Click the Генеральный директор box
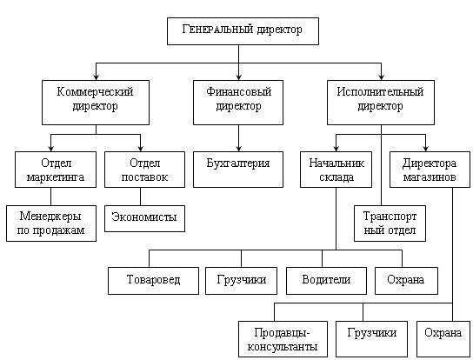[x=243, y=31]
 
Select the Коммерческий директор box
[x=96, y=103]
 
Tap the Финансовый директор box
[x=238, y=103]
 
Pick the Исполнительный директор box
[x=381, y=103]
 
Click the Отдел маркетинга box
[x=56, y=170]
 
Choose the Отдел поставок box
[x=145, y=170]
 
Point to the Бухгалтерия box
[x=238, y=170]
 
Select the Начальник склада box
[x=336, y=170]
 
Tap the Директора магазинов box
[x=430, y=170]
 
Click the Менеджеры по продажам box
[x=51, y=223]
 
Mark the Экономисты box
[x=145, y=218]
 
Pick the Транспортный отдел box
[x=390, y=223]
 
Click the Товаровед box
[x=153, y=281]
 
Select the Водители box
[x=326, y=281]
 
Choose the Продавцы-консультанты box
[x=283, y=339]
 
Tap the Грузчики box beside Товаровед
[x=242, y=281]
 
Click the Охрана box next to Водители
[x=406, y=281]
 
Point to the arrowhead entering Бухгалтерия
[x=238, y=149]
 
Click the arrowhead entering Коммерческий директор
[x=96, y=77]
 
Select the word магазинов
[x=430, y=177]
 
